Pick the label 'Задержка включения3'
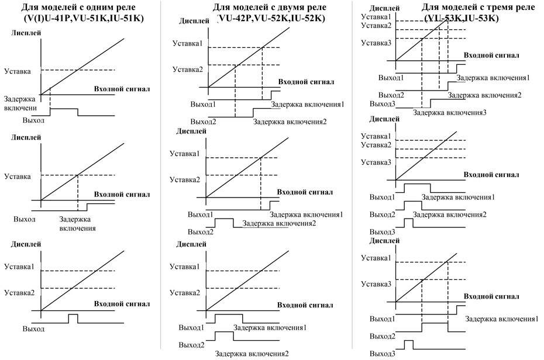tap(449, 112)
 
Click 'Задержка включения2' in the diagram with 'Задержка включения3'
tap(485, 95)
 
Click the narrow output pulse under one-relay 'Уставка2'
tap(73, 317)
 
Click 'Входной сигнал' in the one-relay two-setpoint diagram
tap(121, 304)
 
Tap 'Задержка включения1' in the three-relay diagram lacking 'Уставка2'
tap(502, 319)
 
